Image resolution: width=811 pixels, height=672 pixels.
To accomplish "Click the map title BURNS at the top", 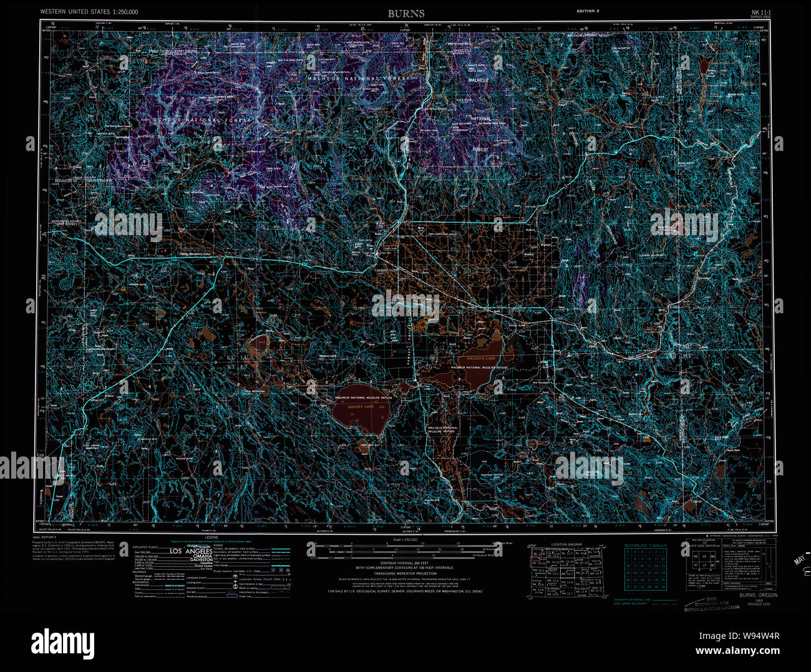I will pyautogui.click(x=405, y=13).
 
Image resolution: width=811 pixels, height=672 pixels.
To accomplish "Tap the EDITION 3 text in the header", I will pyautogui.click(x=588, y=12).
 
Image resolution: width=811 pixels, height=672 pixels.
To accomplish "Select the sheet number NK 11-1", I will pyautogui.click(x=759, y=11).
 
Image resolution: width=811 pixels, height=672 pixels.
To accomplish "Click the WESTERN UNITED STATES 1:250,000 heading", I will pyautogui.click(x=89, y=12).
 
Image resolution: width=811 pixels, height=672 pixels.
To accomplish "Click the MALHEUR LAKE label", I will pyautogui.click(x=477, y=359).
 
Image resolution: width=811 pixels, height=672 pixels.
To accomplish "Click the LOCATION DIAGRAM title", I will pyautogui.click(x=566, y=545).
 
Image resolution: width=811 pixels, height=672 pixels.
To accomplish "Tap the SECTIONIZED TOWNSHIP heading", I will pyautogui.click(x=645, y=545).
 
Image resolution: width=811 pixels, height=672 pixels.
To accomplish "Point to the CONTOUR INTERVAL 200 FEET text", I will pyautogui.click(x=404, y=562).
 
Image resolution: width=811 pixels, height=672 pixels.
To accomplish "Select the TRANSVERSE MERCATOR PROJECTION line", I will pyautogui.click(x=404, y=573).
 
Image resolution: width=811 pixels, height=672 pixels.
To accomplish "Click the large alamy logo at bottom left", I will pyautogui.click(x=63, y=642).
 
